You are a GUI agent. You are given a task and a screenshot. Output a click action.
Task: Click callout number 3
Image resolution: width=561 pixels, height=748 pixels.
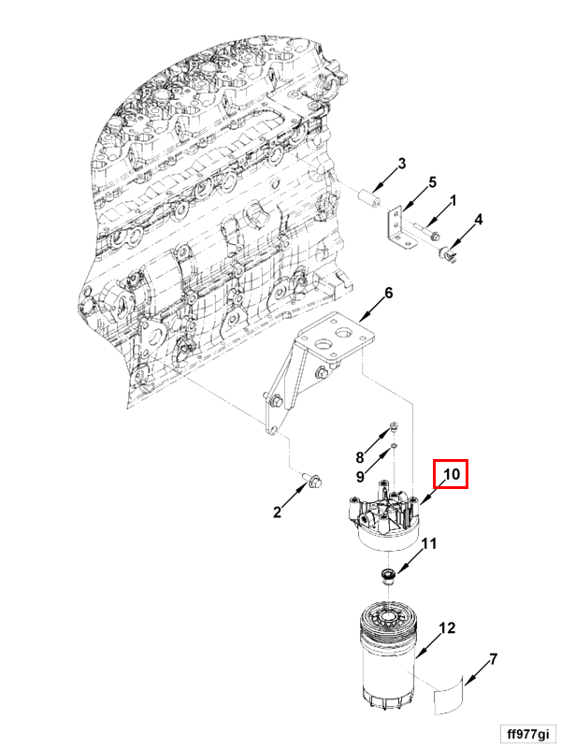tap(402, 165)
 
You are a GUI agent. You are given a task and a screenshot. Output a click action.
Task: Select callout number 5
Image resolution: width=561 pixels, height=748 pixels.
tap(433, 181)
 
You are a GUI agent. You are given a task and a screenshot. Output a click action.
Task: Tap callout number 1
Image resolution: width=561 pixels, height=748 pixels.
tap(453, 200)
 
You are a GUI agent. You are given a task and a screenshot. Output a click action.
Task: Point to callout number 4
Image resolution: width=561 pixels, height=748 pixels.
tap(479, 220)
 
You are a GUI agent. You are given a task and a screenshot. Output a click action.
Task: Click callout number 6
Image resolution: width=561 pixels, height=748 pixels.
tap(389, 293)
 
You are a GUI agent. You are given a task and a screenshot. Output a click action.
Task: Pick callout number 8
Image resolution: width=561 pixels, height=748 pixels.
tap(358, 457)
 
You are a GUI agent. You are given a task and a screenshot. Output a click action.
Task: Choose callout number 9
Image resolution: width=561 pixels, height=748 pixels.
tap(358, 476)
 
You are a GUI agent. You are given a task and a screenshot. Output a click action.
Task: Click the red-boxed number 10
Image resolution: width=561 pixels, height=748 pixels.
tap(452, 474)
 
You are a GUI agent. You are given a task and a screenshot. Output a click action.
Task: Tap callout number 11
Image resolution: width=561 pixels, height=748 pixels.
tap(429, 544)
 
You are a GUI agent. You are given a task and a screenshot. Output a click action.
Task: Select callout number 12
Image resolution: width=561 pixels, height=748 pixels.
tap(448, 627)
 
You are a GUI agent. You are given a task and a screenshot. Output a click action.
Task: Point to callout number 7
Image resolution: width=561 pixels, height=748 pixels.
tap(493, 659)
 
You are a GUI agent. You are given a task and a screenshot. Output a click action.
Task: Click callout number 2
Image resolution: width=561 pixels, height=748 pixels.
tap(277, 511)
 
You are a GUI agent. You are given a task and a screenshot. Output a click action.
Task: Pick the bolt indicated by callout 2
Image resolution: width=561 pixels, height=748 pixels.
tap(310, 482)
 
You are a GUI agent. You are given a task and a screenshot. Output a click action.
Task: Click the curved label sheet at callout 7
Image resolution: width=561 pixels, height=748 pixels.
tap(451, 697)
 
